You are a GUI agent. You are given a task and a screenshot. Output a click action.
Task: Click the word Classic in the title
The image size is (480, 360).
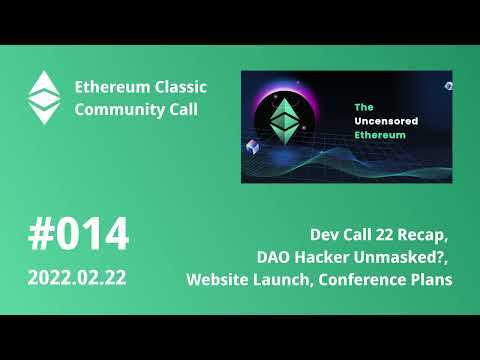pos(164,86)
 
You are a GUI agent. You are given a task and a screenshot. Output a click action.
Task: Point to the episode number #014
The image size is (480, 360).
pos(78,236)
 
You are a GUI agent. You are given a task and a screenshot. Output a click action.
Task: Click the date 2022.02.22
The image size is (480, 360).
pos(78,276)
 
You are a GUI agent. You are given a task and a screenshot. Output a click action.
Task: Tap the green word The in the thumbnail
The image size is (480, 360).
pos(365,107)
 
